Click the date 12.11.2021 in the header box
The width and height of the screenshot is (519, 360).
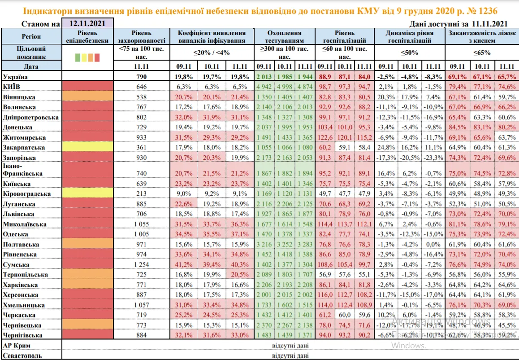click(87, 23)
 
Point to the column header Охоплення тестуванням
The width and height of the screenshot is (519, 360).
click(284, 36)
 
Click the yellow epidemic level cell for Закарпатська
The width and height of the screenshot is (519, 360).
click(87, 147)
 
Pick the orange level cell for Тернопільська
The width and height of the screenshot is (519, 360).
click(87, 274)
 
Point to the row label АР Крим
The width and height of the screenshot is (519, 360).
click(17, 346)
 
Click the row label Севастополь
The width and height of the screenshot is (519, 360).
click(23, 356)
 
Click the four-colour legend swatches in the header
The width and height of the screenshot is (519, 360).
click(87, 57)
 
